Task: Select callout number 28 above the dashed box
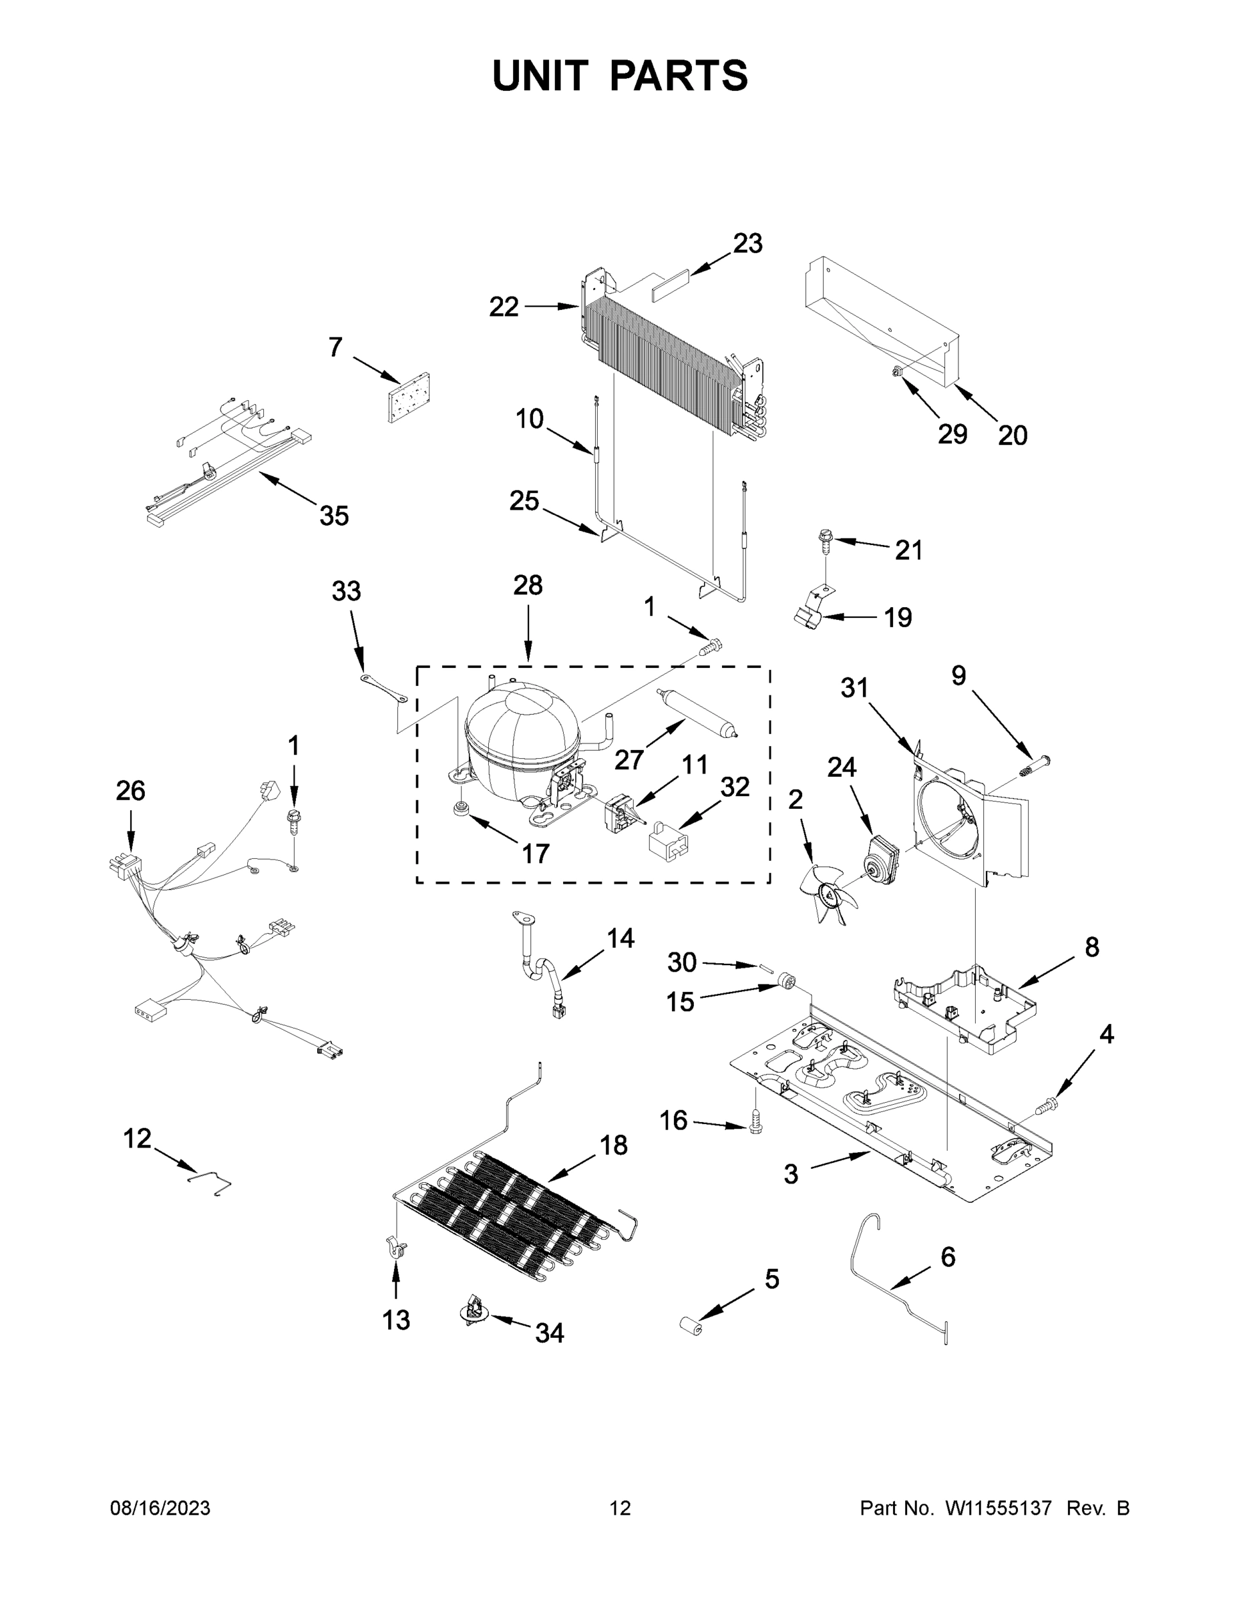(x=528, y=586)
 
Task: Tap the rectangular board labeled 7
(x=409, y=399)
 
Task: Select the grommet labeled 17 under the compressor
(x=462, y=810)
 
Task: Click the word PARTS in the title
(x=679, y=76)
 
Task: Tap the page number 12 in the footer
(x=621, y=1508)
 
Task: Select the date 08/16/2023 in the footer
(x=160, y=1508)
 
